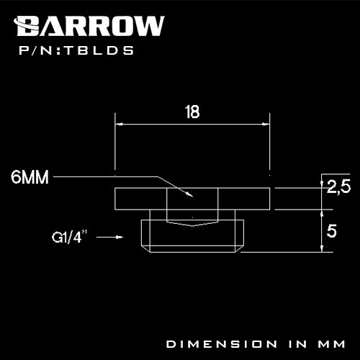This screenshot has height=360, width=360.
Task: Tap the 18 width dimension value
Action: point(192,112)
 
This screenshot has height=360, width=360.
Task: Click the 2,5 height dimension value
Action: point(338,187)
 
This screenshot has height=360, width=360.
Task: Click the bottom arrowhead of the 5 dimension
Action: point(321,248)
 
